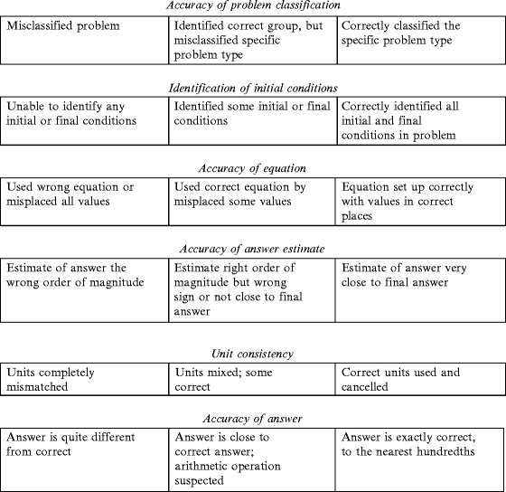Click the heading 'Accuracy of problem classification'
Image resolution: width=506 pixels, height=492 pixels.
click(253, 5)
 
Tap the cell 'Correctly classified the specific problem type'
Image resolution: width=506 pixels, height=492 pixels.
click(421, 40)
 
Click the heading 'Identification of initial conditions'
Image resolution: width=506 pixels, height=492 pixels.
click(253, 88)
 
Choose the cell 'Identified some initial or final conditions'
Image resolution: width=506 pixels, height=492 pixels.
click(253, 118)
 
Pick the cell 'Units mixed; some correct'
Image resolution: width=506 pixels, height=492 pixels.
click(253, 381)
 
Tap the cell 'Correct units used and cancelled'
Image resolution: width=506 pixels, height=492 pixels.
click(421, 381)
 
